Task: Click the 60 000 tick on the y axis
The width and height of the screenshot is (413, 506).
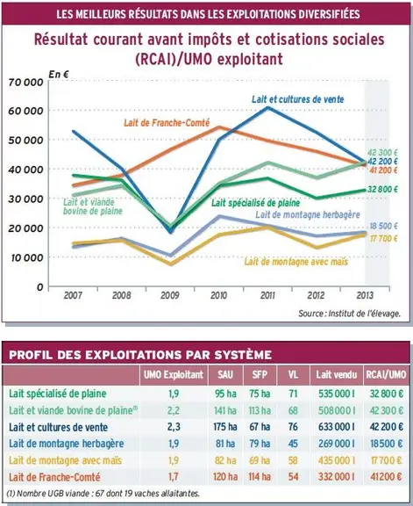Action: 25,111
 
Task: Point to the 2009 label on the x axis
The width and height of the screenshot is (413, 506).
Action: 170,295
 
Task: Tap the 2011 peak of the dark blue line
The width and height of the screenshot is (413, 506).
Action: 268,107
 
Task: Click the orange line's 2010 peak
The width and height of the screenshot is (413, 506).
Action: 218,126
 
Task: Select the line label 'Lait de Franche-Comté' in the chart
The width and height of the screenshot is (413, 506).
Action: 167,123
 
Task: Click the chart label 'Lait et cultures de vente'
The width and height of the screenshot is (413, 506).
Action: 297,99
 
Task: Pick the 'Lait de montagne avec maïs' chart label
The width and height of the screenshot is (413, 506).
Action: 296,262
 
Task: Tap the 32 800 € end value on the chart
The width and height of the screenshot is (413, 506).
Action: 382,190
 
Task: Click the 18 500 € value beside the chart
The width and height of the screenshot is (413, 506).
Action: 383,226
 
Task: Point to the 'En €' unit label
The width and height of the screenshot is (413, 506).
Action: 59,74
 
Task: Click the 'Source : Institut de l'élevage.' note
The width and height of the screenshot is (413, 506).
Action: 350,314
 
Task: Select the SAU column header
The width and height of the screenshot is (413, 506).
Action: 225,374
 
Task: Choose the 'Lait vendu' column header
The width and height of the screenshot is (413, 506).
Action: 337,374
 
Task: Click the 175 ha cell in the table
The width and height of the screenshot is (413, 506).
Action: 224,427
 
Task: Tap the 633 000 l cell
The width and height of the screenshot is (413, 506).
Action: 337,427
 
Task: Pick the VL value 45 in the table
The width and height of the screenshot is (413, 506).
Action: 293,444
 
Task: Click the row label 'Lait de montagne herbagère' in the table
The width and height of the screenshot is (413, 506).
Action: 67,444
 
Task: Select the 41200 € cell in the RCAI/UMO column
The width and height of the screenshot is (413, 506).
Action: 386,477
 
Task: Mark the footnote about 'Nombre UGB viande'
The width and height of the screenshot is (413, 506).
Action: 103,494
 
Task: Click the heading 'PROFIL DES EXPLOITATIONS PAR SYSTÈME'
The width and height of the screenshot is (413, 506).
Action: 140,355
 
